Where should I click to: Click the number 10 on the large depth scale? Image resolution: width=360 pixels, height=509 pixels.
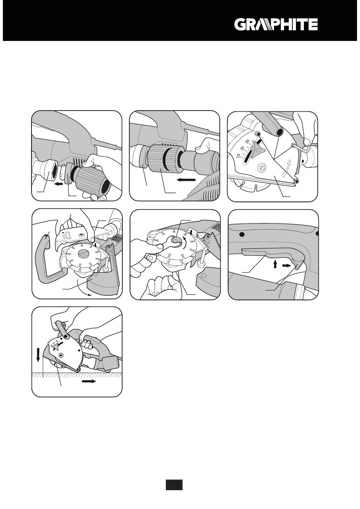coord(238,156)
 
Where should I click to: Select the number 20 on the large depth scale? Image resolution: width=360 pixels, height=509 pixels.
coord(243,148)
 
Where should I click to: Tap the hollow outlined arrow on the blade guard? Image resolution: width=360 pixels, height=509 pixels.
coord(287,167)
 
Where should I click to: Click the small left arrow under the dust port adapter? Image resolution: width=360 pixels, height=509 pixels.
coord(59,184)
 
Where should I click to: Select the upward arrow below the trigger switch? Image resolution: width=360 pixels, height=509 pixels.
coord(275,264)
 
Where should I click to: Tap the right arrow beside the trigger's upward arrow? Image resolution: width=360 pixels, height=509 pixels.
coord(286,265)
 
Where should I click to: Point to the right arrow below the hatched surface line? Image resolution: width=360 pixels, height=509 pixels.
coord(89,381)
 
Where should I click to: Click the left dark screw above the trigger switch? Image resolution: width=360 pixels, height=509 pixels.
coord(242,234)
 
